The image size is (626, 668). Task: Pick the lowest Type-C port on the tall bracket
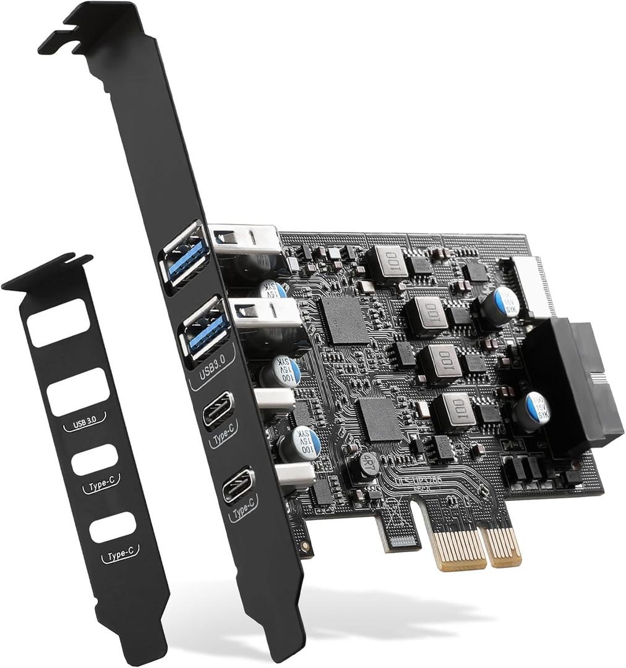click(238, 485)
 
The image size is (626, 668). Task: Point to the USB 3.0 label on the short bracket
click(85, 424)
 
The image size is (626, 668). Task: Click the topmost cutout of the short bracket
click(59, 322)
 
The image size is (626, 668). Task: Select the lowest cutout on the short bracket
click(112, 526)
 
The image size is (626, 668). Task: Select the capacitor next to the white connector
click(499, 305)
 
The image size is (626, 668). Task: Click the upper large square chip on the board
click(345, 320)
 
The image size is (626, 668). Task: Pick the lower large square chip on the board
click(380, 419)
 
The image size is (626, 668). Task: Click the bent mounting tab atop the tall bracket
click(93, 28)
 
